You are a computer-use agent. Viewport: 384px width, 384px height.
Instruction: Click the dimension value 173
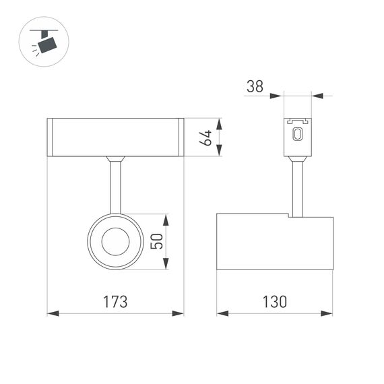point(115,301)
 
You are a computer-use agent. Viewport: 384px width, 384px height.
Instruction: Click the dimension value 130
point(274,301)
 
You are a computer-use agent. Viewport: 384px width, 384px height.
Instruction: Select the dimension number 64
point(207,137)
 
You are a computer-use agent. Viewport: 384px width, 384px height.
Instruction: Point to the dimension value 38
point(255,86)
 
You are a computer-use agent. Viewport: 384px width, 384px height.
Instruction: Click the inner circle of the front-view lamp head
point(115,241)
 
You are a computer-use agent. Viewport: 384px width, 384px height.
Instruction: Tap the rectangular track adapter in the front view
point(115,137)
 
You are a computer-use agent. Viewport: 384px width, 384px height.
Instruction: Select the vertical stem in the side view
point(296,189)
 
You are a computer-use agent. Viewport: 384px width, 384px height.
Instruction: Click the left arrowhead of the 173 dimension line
point(51,313)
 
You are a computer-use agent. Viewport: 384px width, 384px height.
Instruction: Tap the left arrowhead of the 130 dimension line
point(221,313)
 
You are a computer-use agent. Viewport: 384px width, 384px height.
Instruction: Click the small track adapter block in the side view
point(296,137)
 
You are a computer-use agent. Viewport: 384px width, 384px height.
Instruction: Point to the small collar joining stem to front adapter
point(115,160)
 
